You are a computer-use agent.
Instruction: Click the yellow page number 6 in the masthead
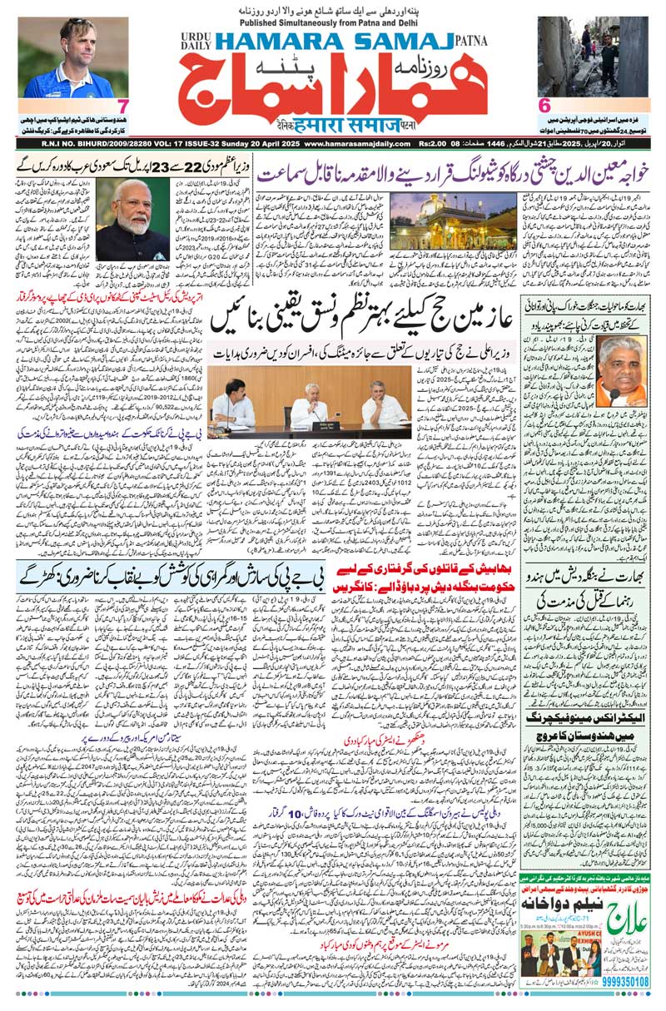click(x=544, y=107)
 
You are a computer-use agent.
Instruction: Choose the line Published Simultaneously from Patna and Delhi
click(x=333, y=22)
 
